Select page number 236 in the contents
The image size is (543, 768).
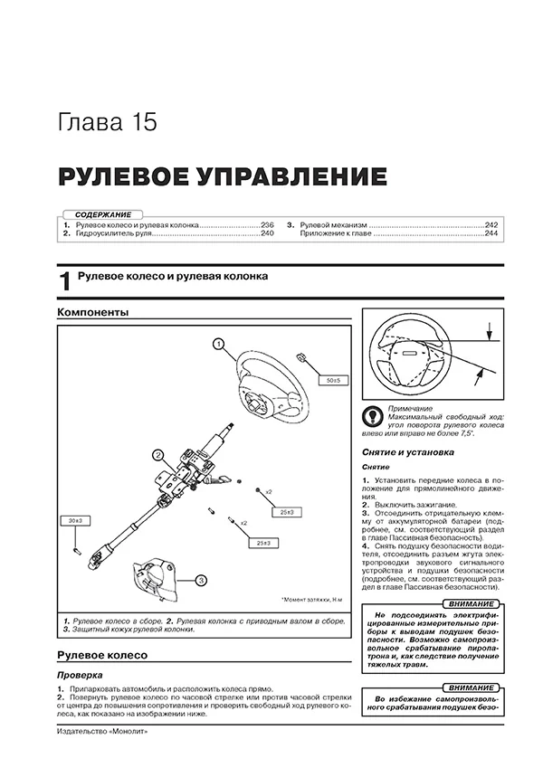coord(267,223)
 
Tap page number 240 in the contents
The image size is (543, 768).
coord(267,233)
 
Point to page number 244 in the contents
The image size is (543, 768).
coord(491,233)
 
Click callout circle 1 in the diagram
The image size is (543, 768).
coord(218,343)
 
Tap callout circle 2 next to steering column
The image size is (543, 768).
coord(157,455)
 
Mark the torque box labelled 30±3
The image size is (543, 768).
coord(75,520)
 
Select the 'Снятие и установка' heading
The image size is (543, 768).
coord(404,451)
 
